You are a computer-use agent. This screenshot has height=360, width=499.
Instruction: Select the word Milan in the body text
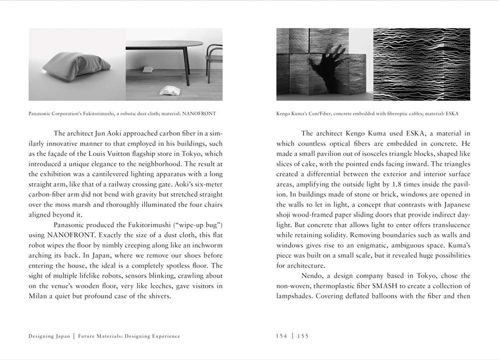[38, 296]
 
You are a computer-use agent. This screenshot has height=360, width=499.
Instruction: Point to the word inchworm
[207, 245]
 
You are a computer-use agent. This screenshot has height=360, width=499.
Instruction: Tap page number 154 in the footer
[281, 336]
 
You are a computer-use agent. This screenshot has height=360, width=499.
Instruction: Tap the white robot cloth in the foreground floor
[169, 91]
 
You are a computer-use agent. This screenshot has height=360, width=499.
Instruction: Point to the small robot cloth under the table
[146, 69]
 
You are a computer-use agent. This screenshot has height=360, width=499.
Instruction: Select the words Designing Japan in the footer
[49, 336]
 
